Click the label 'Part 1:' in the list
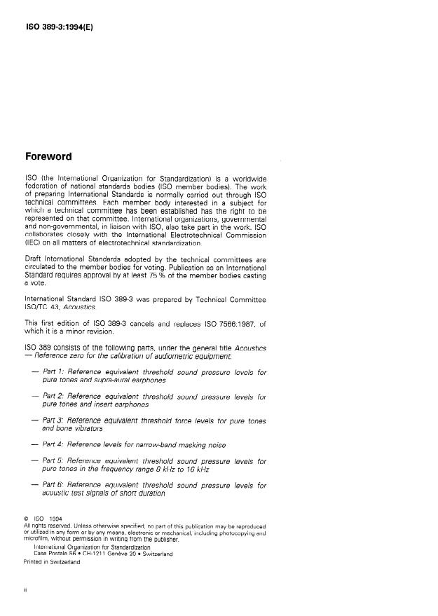point(55,372)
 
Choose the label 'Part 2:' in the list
point(55,396)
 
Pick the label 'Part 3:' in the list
point(55,420)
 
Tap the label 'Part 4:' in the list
point(55,444)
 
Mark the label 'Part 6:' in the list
point(55,485)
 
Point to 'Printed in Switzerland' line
point(52,561)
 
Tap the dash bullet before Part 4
point(35,444)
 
